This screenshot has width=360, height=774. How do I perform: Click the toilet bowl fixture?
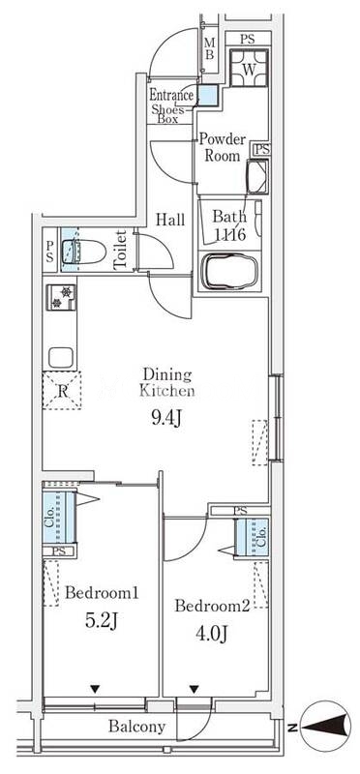(x=84, y=252)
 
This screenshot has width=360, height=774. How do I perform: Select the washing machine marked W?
(x=249, y=67)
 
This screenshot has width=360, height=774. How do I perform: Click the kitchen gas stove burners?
(x=61, y=297)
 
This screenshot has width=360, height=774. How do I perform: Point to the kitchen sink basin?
(x=61, y=357)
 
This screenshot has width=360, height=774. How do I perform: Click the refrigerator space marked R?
(x=62, y=390)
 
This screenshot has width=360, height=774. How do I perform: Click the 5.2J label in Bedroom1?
(x=102, y=621)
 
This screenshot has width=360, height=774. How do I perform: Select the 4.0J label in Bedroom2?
(x=210, y=633)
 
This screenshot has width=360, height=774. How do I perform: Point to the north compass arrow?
(x=324, y=727)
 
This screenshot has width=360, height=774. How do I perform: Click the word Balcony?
(x=136, y=727)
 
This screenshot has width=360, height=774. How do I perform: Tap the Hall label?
(x=170, y=220)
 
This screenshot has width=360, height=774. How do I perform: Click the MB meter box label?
(x=209, y=48)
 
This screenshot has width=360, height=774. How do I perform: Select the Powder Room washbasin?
(x=257, y=176)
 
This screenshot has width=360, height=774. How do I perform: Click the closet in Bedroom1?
(x=58, y=517)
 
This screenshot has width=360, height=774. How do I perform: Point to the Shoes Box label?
(x=167, y=114)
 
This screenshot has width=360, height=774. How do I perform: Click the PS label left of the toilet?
(x=50, y=250)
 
